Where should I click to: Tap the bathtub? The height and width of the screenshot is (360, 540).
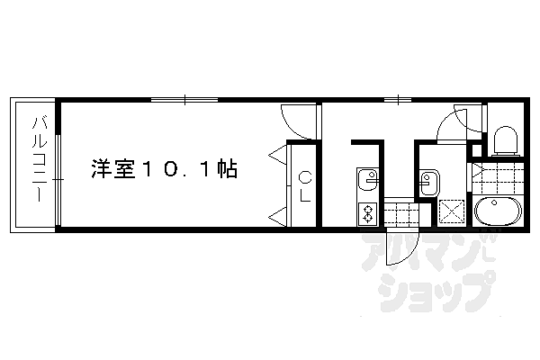coord(496,214)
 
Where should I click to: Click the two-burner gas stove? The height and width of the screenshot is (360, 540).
coord(367,214)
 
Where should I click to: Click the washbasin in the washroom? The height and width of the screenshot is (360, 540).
coord(427,184)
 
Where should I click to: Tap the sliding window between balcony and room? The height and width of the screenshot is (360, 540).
coord(58,180)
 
